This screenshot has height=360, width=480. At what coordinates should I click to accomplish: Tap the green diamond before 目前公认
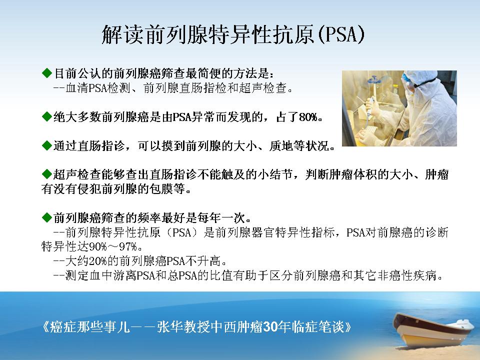click(47, 73)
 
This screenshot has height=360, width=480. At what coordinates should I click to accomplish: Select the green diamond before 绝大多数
click(47, 116)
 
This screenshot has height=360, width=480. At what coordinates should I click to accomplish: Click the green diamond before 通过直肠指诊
click(47, 145)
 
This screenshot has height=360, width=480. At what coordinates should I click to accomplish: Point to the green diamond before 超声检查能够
click(47, 174)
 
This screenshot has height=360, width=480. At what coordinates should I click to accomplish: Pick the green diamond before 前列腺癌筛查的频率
click(47, 217)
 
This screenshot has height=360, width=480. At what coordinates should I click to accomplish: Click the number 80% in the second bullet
click(308, 117)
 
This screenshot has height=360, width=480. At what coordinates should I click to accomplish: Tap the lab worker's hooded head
click(416, 81)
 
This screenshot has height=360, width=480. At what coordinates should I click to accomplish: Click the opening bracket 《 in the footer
click(45, 327)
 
